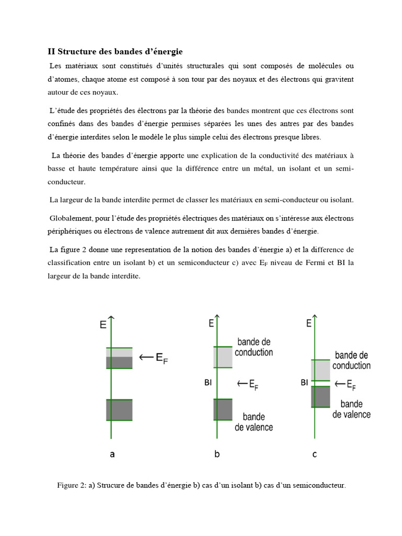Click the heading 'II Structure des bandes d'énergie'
pos(115,52)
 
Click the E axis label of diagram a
pos(103,325)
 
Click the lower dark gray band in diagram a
pos(119,410)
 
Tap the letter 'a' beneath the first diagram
pos(112,455)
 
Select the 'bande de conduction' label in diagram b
pos(254,347)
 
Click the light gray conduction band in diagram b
pos(223,357)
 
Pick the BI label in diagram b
pos(208,383)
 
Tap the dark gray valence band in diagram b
pos(223,409)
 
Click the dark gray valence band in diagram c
pos(321,396)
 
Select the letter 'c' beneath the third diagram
pos(314,455)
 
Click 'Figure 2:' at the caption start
pos(72,485)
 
